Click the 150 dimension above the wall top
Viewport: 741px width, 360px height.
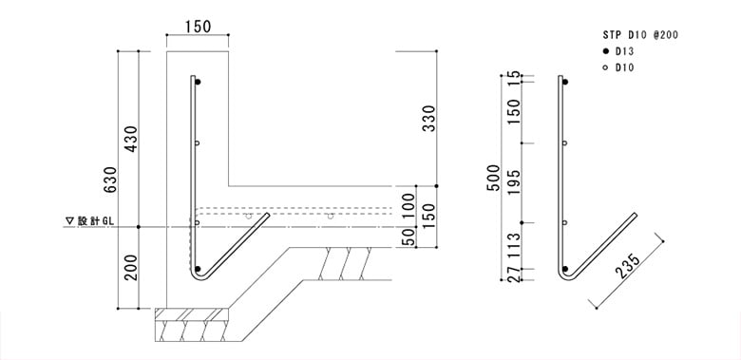pos(198,27)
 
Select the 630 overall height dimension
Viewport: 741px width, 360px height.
pos(110,180)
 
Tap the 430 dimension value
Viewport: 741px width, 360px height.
pos(131,139)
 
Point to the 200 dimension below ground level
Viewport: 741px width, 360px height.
pos(131,268)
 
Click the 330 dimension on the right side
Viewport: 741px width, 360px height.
pos(428,119)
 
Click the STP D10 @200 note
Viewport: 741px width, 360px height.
pos(640,35)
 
